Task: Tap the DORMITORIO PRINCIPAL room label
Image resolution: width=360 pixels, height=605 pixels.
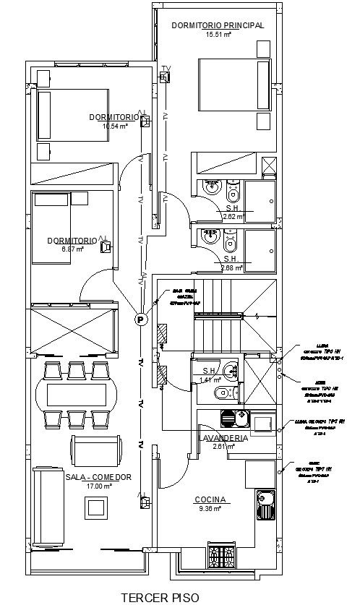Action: point(218,25)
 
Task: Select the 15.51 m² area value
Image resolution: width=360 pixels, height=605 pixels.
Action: point(218,34)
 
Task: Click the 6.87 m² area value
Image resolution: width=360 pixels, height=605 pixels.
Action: point(73,249)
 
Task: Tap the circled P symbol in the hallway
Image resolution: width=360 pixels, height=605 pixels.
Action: point(140,319)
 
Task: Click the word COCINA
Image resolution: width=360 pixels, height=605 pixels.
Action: point(210,499)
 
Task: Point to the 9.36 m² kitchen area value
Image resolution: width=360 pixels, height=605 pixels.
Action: point(210,508)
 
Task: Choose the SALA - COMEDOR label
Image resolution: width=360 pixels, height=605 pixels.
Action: point(98,477)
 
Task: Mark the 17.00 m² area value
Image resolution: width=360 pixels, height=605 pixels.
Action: point(98,486)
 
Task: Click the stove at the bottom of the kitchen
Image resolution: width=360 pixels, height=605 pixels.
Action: point(221,556)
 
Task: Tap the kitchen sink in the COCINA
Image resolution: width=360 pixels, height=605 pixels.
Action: point(265,504)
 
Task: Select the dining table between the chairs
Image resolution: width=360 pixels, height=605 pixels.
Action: point(77,395)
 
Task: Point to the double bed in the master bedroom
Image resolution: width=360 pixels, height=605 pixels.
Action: point(234,85)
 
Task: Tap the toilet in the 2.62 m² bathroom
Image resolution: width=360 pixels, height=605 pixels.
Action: point(233,193)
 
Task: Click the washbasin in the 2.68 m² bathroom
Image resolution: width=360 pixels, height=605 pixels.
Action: point(211,236)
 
